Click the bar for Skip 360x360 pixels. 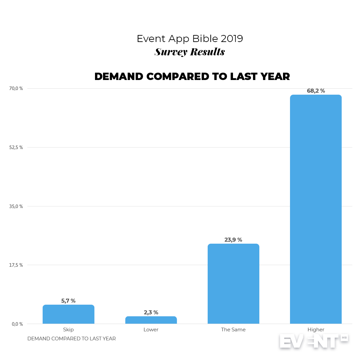68,314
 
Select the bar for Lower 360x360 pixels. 151,320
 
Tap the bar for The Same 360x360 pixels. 233,284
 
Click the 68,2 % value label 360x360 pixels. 316,91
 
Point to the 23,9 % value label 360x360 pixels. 233,240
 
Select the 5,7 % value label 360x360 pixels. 68,301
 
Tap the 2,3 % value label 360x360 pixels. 151,312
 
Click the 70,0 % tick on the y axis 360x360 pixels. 16,88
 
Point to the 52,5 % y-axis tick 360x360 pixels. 16,147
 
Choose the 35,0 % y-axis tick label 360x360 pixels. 16,206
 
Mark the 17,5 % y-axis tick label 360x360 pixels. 16,265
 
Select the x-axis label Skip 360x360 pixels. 68,330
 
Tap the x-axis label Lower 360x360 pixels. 151,330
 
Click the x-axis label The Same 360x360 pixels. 233,330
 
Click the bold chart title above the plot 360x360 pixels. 192,76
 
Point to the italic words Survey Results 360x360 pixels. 190,52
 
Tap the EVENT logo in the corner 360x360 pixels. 313,341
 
